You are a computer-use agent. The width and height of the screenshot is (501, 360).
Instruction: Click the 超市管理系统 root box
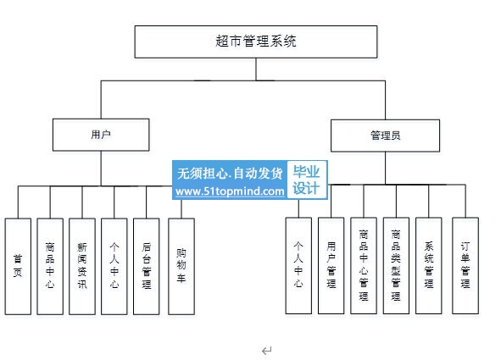coord(256,42)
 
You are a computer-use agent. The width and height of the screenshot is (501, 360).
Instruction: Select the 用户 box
coord(101,135)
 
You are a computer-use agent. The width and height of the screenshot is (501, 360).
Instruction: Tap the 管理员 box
coord(386,136)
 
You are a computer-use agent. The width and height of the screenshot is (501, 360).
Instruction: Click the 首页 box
coord(18,267)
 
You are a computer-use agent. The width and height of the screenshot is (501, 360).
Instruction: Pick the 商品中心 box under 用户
coord(50,267)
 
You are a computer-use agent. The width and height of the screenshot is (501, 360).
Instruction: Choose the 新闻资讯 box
coord(82,267)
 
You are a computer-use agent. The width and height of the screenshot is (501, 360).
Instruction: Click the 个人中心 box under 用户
coord(114,267)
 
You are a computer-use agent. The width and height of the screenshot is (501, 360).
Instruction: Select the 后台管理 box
coord(147,267)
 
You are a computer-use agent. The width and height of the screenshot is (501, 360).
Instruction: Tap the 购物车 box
coord(181,267)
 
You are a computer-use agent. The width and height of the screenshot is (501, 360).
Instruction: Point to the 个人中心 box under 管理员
coord(298,266)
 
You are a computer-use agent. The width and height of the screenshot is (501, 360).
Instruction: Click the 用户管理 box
coord(331,266)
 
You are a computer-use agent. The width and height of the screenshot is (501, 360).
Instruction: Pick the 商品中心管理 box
coord(364,266)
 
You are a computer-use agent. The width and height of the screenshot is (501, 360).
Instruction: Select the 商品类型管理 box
coord(396,266)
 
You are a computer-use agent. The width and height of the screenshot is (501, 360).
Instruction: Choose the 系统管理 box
coord(429,266)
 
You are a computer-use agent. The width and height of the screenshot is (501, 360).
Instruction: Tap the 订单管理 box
coord(465,266)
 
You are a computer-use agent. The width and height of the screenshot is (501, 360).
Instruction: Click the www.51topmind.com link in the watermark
coord(230,191)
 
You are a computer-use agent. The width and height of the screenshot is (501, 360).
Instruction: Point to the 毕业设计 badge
coord(307,180)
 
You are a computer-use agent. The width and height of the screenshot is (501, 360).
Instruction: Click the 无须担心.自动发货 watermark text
coord(230,174)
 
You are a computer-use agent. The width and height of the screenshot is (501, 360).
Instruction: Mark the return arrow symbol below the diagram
coord(267,351)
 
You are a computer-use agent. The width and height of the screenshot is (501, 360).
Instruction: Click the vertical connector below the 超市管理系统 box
coord(256,69)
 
